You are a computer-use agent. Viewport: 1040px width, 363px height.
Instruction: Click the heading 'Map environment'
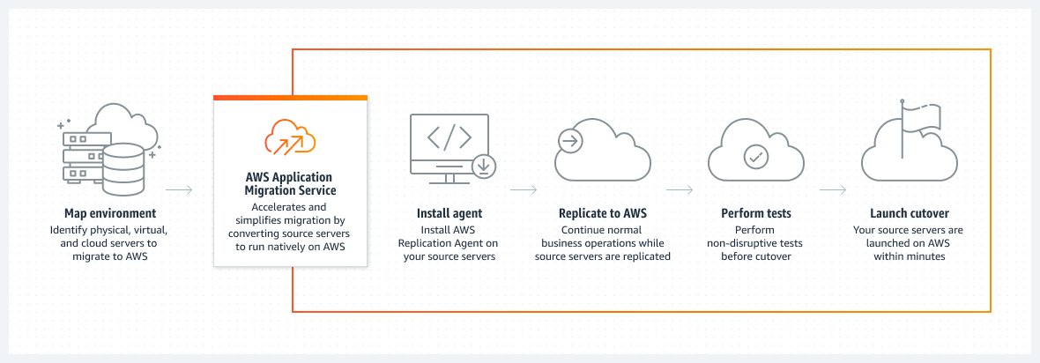tap(110, 213)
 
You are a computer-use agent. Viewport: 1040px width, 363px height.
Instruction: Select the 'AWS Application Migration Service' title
tap(290, 183)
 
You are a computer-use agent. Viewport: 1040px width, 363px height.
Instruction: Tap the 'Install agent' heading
tap(449, 213)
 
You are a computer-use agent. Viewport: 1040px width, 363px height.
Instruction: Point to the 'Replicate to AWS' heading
tap(603, 213)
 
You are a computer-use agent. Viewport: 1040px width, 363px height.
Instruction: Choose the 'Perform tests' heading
tap(755, 213)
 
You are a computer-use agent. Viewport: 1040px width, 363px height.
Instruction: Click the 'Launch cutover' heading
tap(909, 213)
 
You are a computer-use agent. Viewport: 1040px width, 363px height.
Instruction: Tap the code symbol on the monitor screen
tap(449, 137)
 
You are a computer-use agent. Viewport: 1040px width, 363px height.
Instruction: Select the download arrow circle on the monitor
tap(484, 166)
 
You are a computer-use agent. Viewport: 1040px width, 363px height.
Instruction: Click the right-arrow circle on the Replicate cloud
tap(570, 139)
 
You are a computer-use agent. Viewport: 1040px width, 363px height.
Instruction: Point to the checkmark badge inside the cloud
tap(755, 157)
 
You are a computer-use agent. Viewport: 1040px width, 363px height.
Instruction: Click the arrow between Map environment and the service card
tap(179, 189)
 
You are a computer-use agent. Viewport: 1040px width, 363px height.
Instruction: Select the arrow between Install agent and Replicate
tap(524, 189)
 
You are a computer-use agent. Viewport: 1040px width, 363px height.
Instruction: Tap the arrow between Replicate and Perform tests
tap(679, 189)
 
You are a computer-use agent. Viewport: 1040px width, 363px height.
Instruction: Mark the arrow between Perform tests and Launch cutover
tap(833, 189)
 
